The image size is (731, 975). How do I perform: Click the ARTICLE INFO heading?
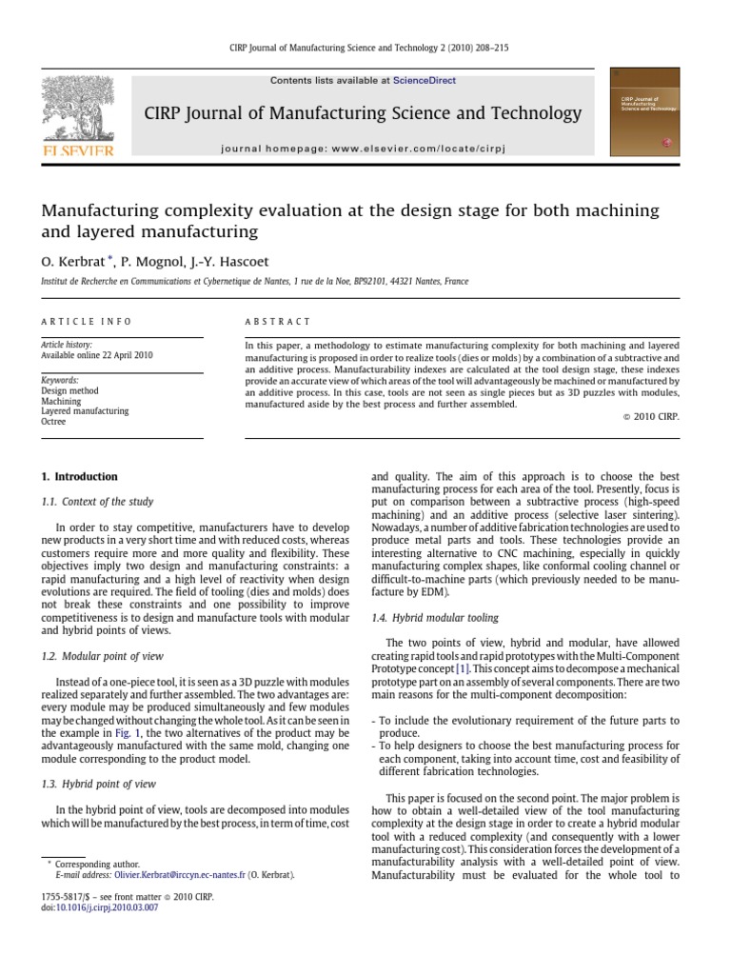(x=87, y=323)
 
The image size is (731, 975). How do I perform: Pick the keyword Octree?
(x=54, y=422)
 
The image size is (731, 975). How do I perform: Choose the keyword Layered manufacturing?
(x=85, y=411)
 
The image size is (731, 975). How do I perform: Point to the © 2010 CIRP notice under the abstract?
(x=648, y=417)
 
